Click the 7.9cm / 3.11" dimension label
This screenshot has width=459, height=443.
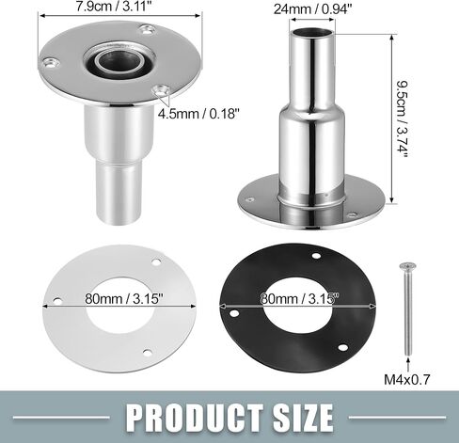pos(116,7)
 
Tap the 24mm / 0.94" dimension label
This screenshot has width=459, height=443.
pos(311,9)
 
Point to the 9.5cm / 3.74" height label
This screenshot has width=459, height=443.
pos(402,119)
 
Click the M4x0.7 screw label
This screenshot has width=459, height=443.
pos(407,380)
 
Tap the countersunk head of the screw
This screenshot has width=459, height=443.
pos(407,266)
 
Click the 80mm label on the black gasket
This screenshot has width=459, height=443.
pos(300,298)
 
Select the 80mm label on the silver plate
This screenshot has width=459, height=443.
pos(124,298)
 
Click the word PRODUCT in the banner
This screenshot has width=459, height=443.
pos(195,418)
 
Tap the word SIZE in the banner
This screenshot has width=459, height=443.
pos(303,418)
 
